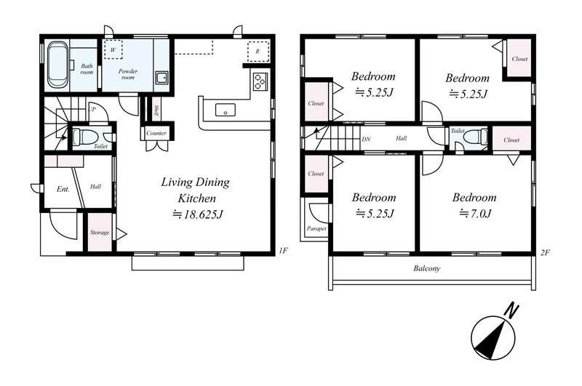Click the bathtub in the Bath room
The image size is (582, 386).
tap(57, 65)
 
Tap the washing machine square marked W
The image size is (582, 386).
tap(113, 49)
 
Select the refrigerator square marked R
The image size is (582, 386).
tap(258, 50)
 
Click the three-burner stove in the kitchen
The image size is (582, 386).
tap(260, 81)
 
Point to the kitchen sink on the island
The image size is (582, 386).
tap(226, 110)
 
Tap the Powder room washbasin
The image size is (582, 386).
tap(162, 79)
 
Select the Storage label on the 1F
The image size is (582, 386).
tap(100, 233)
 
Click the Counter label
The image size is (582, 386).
tap(156, 133)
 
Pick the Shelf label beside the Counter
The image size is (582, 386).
tap(156, 110)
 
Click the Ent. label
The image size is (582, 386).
tap(63, 189)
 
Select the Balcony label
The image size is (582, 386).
tap(427, 268)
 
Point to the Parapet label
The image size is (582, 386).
tap(316, 229)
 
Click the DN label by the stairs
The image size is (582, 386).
tap(366, 140)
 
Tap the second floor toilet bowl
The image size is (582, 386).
tap(476, 137)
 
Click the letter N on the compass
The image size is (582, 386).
tap(513, 310)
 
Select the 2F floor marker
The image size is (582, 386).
tap(545, 253)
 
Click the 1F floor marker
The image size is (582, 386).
tap(283, 251)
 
